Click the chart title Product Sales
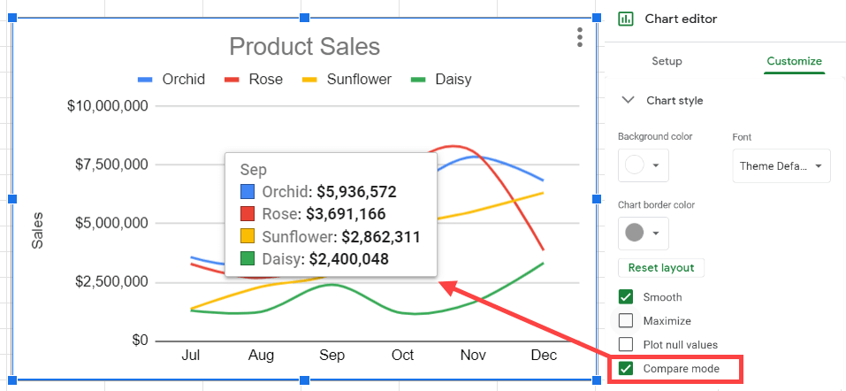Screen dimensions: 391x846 click(304, 47)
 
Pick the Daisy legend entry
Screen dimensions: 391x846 click(442, 80)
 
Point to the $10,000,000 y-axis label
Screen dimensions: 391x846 click(107, 106)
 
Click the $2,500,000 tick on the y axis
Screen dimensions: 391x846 click(107, 282)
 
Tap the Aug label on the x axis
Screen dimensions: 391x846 click(261, 355)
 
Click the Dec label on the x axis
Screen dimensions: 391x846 click(544, 355)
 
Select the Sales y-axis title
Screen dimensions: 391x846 click(38, 230)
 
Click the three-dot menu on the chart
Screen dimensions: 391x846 click(579, 37)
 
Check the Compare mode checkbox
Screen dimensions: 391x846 click(626, 368)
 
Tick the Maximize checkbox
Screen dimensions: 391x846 click(626, 321)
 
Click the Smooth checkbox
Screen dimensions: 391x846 click(626, 297)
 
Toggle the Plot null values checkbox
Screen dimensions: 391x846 click(626, 344)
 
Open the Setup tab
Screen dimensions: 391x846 click(667, 61)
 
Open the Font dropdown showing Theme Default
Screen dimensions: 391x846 click(781, 165)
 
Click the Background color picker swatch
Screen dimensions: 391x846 click(643, 165)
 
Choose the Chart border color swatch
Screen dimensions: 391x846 click(643, 233)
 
